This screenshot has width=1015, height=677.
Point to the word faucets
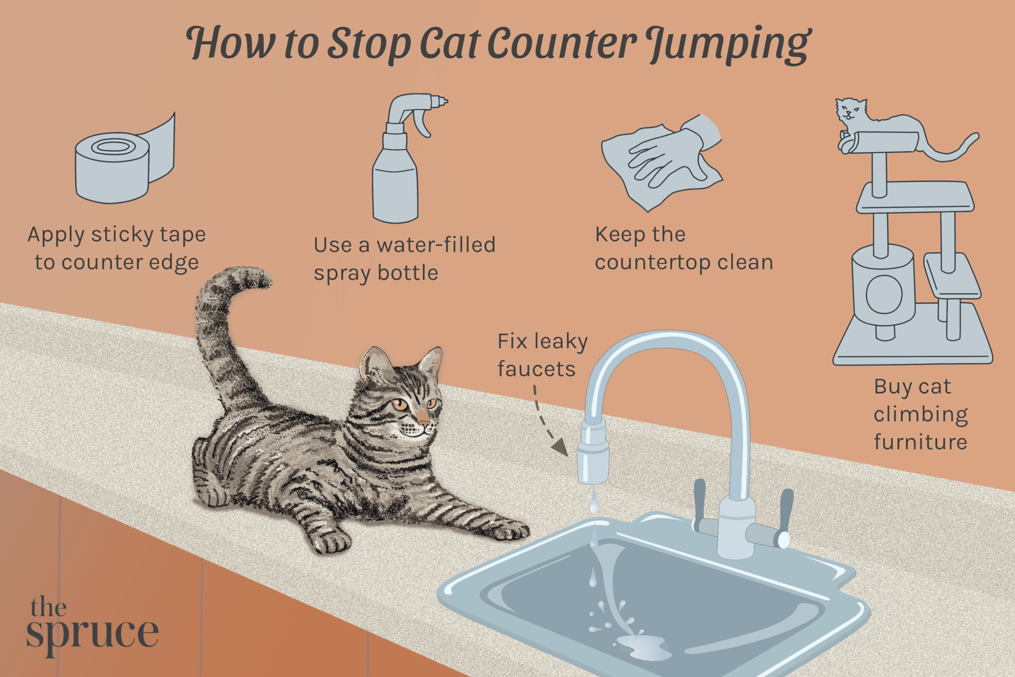pyautogui.click(x=536, y=370)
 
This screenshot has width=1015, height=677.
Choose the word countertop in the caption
pyautogui.click(x=652, y=263)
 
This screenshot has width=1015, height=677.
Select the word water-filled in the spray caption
pyautogui.click(x=436, y=245)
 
